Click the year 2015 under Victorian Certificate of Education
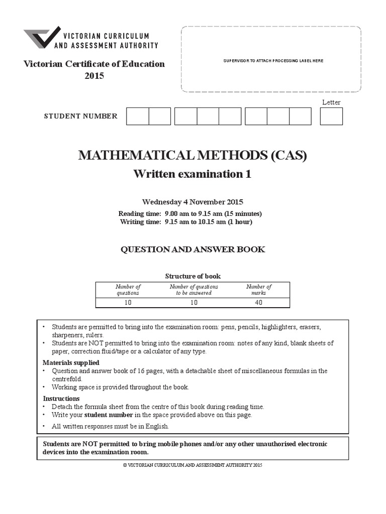[x=94, y=76]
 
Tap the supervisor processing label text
[x=273, y=61]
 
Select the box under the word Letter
[x=331, y=116]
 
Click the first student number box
[x=137, y=116]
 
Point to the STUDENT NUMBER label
[x=81, y=116]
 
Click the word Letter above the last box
[x=331, y=102]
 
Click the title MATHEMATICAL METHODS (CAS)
[x=192, y=155]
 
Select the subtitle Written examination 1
[x=192, y=174]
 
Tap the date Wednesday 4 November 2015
[x=192, y=202]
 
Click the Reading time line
[x=190, y=213]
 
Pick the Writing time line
[x=186, y=221]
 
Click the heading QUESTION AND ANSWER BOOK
[x=192, y=249]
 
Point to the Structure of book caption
[x=192, y=276]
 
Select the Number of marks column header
[x=259, y=290]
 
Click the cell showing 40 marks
[x=259, y=303]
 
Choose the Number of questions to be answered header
[x=194, y=290]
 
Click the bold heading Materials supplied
[x=71, y=362]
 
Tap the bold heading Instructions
[x=61, y=398]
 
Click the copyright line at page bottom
[x=192, y=465]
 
